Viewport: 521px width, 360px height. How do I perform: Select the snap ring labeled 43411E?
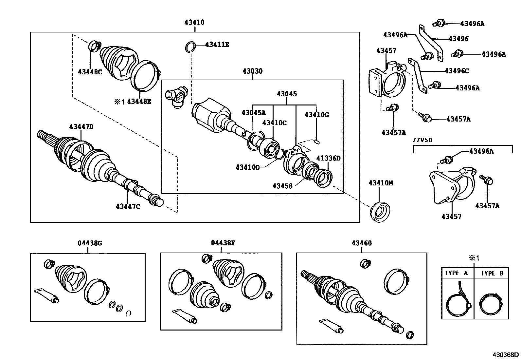(x=189, y=47)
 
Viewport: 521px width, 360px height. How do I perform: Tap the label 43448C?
(x=90, y=72)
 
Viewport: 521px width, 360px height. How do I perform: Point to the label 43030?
(x=252, y=71)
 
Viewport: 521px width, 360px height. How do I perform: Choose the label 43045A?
(x=254, y=113)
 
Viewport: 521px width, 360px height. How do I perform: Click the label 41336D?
(x=328, y=158)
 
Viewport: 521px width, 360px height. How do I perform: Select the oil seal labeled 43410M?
(x=380, y=211)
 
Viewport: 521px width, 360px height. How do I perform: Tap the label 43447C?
(x=128, y=206)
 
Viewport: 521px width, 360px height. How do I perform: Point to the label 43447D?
(x=81, y=126)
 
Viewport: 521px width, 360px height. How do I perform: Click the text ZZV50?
(x=422, y=140)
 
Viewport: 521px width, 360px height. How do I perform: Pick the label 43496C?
(x=457, y=71)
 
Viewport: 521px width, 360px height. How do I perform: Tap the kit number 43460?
(x=362, y=243)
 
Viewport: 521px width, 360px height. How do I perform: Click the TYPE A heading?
(x=456, y=273)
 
